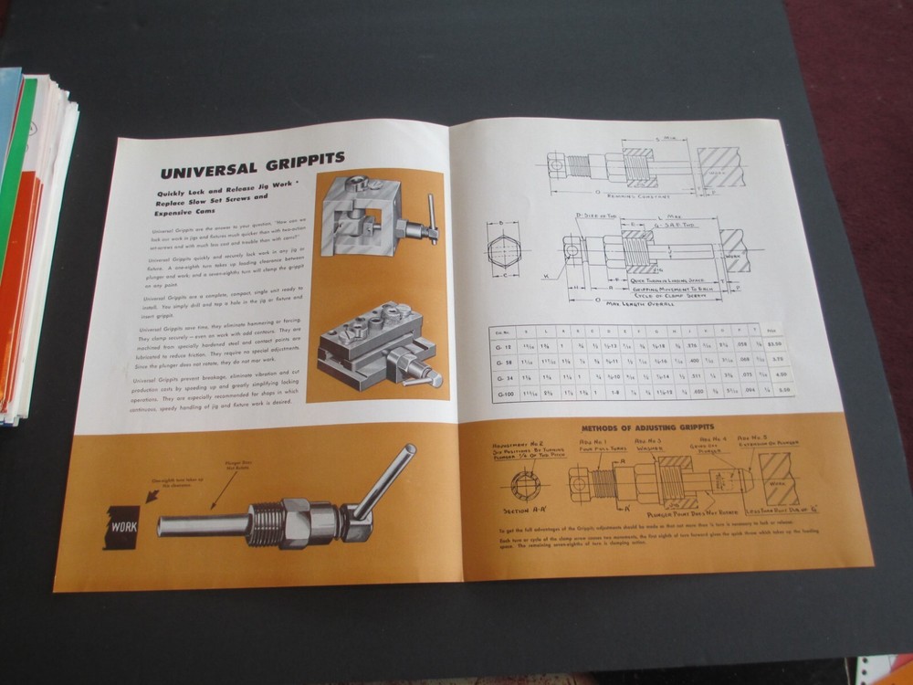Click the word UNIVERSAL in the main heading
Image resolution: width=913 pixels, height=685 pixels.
[x=204, y=172]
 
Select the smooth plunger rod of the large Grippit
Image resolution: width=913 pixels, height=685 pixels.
[x=196, y=529]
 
